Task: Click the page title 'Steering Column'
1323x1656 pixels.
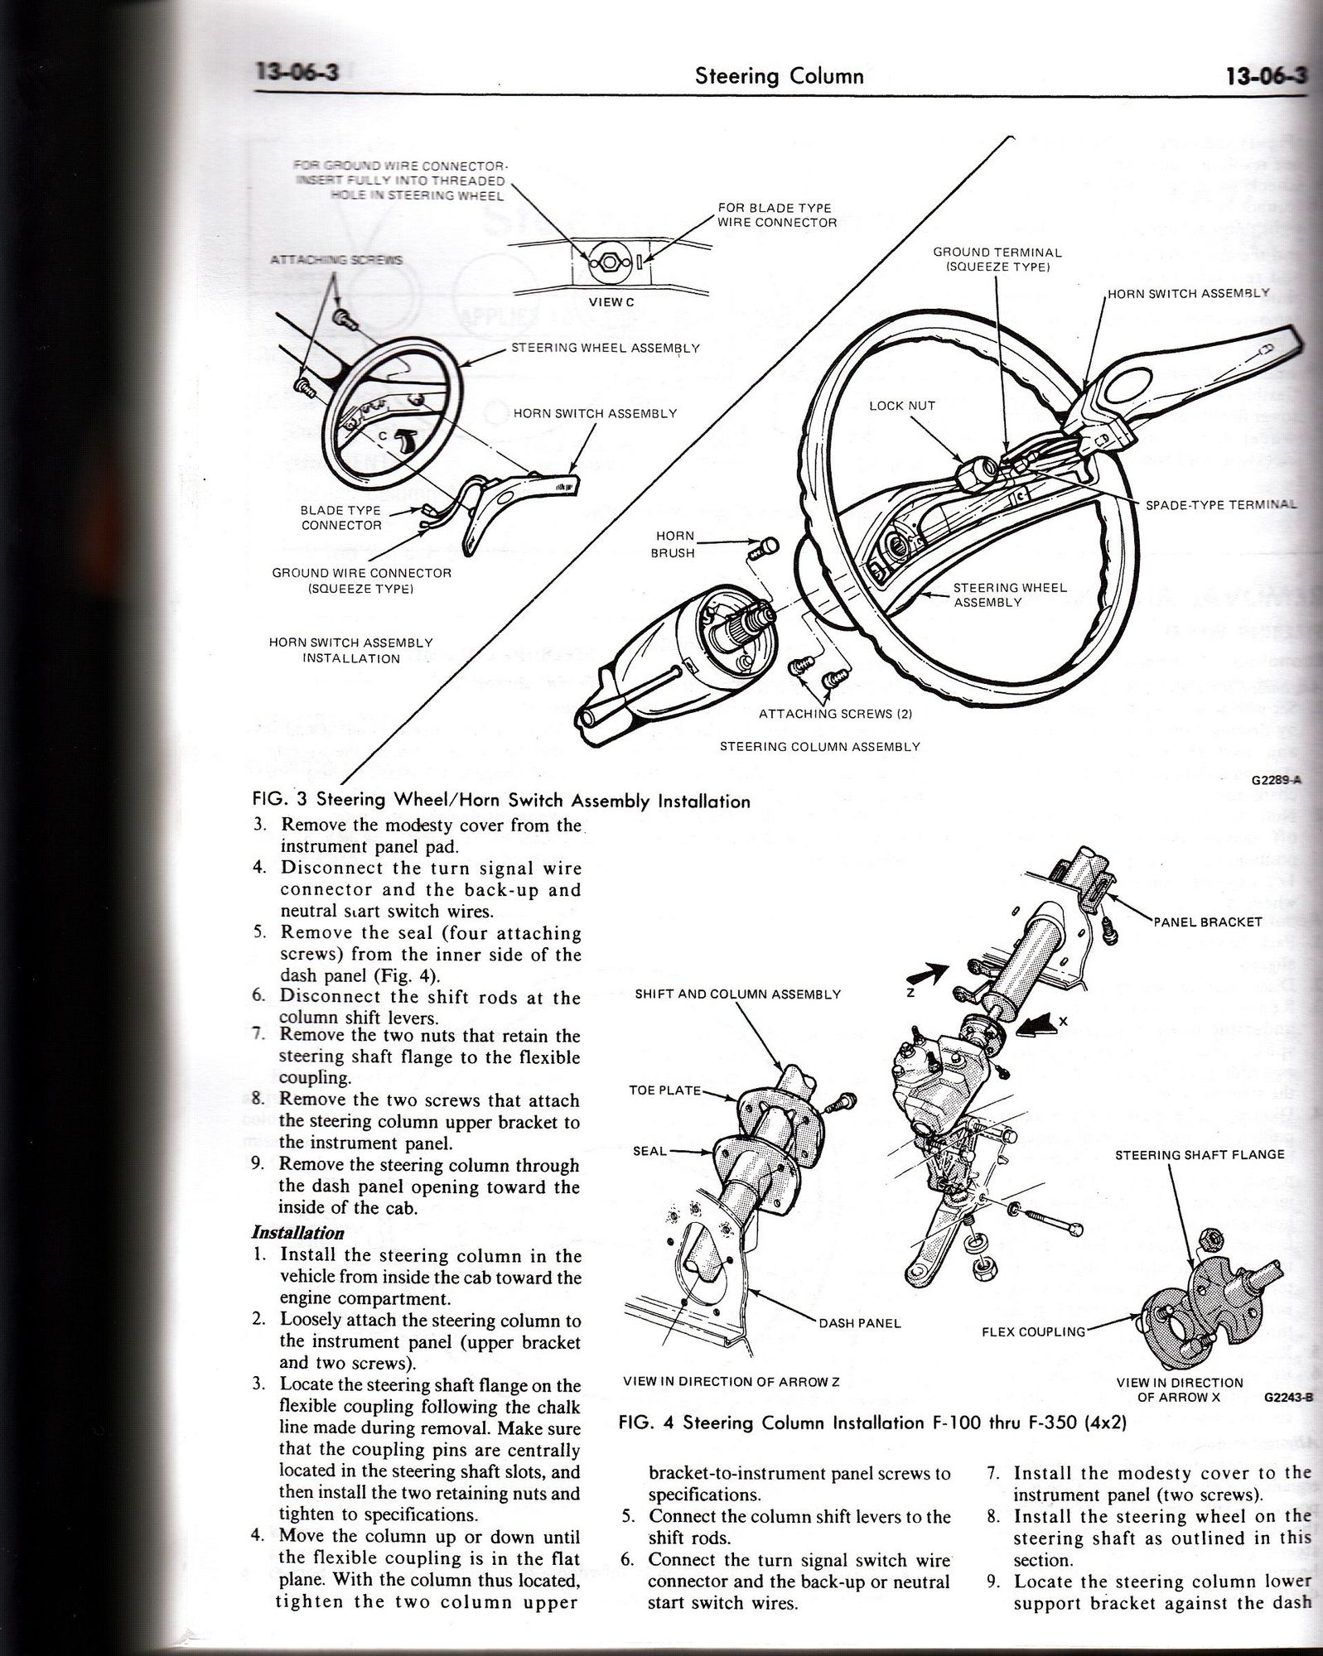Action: [x=779, y=77]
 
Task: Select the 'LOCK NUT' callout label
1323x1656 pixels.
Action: [x=902, y=406]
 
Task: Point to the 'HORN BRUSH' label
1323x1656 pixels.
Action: [x=673, y=545]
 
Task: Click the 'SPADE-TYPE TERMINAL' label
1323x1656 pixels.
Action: [x=1221, y=504]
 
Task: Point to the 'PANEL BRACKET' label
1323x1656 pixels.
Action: [x=1208, y=922]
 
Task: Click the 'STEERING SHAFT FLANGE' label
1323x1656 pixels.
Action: [x=1200, y=1155]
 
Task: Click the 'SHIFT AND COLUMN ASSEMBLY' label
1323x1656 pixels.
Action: [x=738, y=994]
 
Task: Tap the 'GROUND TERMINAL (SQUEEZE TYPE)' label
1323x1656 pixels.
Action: [x=997, y=259]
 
